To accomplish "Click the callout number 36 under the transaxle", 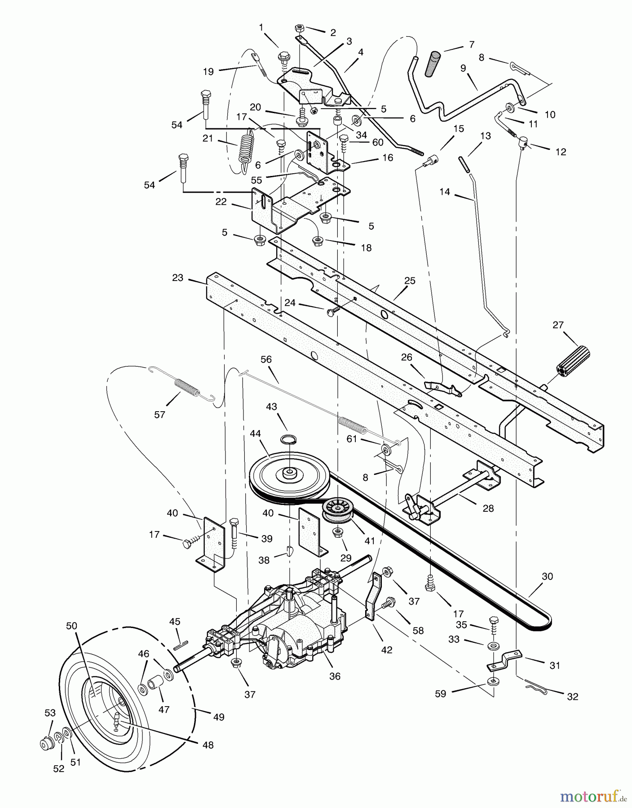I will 335,676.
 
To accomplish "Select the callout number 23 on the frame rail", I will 178,278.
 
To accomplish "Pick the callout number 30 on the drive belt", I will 547,576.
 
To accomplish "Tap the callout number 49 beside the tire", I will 218,717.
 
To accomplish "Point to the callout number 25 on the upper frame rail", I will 410,281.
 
